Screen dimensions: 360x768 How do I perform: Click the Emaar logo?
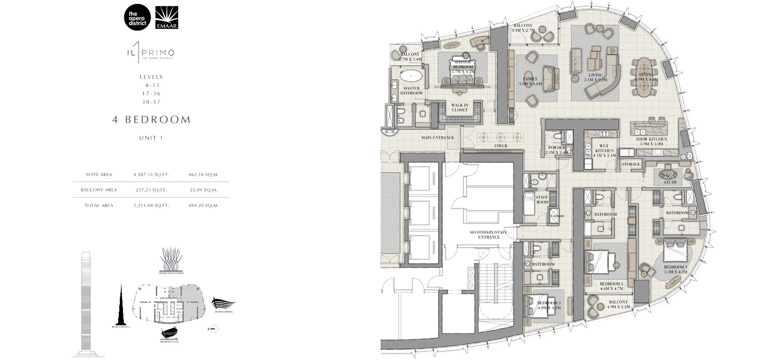click(x=167, y=18)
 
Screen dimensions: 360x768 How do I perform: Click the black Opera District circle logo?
click(x=137, y=18)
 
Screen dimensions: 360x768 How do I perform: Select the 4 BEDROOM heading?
click(x=151, y=120)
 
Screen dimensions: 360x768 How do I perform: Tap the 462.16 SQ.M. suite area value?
click(x=204, y=175)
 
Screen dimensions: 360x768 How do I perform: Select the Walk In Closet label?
click(x=459, y=108)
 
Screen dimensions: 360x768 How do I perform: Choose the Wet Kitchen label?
click(x=604, y=151)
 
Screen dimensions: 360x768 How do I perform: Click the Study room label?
click(x=670, y=182)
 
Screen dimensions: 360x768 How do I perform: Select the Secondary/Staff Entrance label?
click(x=489, y=234)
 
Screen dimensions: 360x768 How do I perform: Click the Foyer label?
click(x=501, y=146)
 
